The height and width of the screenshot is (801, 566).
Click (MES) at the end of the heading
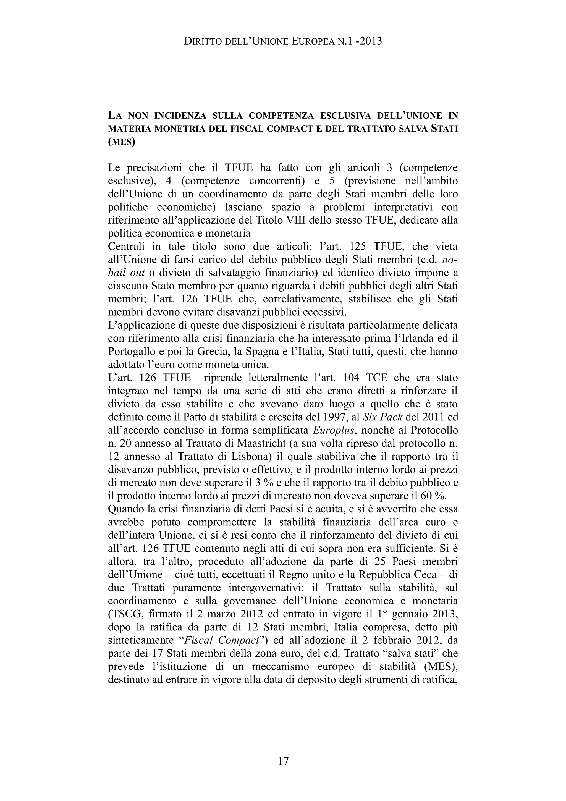tap(121, 142)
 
